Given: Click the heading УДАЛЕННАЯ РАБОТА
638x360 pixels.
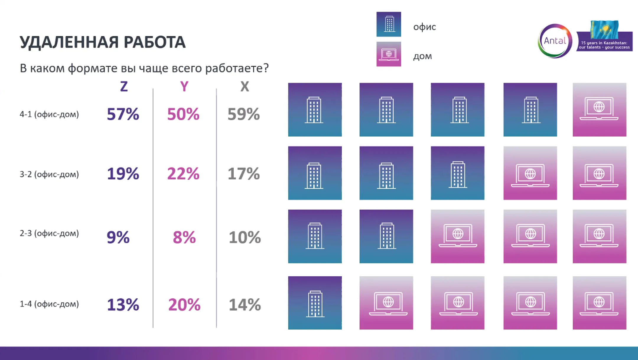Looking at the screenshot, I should [x=102, y=42].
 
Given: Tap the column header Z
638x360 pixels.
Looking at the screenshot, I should [x=124, y=87].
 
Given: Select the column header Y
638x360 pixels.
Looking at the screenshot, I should [x=184, y=87].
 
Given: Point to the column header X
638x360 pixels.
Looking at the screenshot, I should [x=245, y=87].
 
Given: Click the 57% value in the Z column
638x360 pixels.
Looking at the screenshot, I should [x=123, y=114].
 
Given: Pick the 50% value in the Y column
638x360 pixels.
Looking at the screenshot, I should [x=183, y=114].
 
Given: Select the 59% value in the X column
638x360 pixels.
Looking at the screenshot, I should [x=244, y=114].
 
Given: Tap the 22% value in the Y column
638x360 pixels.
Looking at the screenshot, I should [x=183, y=173].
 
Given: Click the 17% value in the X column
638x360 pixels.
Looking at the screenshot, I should [x=244, y=173].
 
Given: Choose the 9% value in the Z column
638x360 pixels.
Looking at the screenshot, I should [x=118, y=237].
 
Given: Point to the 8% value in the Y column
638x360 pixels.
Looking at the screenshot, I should [x=184, y=237].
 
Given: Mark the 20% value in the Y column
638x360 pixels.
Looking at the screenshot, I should [x=184, y=305].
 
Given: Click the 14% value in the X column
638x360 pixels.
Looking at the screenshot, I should [x=245, y=305].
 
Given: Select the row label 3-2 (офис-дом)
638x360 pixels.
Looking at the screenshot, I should [x=49, y=174].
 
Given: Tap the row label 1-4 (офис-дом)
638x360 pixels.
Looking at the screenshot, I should [x=49, y=304].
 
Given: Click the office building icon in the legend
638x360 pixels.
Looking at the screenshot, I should [x=389, y=24].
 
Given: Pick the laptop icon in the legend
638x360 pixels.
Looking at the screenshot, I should [x=389, y=54].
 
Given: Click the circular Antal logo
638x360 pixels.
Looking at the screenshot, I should [x=555, y=41].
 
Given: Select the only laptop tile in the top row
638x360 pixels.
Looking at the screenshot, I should [x=599, y=110].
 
